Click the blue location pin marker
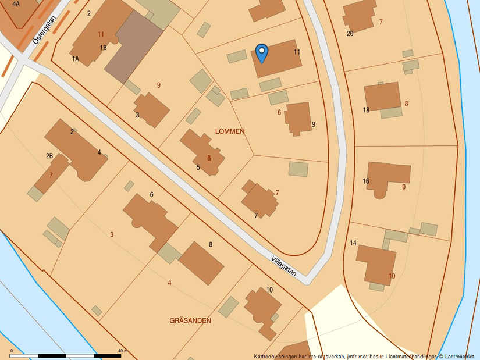262,53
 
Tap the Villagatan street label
284,266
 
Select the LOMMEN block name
230,131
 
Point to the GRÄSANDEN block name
190,320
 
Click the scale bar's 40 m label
122,351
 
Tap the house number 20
350,34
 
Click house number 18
366,110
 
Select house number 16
366,181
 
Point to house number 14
353,243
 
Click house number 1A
75,59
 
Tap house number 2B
49,155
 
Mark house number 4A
16,3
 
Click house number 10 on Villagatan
269,290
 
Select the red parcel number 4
170,283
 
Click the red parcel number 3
112,234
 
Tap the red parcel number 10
392,276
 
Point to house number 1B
103,48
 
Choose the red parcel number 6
279,112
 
